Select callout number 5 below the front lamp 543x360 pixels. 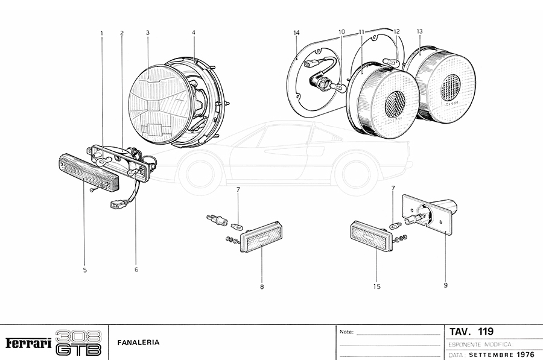pos(84,270)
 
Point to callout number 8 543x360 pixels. pos(262,287)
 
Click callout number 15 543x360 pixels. pos(376,287)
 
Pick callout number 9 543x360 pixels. pos(445,285)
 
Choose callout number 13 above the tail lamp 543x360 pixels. pos(419,31)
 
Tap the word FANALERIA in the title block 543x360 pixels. pos(139,343)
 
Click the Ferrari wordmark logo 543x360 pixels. pos(28,343)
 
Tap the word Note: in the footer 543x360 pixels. pos(346,332)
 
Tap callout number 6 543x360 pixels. pos(136,270)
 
